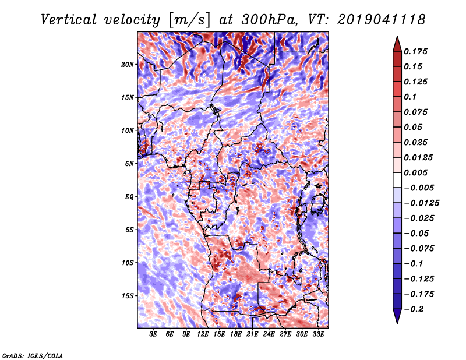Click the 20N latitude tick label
pos(128,65)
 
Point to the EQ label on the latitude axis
pos(129,197)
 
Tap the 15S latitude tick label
pos(128,296)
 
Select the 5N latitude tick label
pos(129,164)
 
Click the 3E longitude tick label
pos(153,334)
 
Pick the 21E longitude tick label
pos(252,334)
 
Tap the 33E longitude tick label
pos(318,334)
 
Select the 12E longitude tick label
pos(202,334)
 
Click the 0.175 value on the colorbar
pos(415,51)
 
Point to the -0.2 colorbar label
pos(414,309)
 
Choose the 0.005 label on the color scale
pos(415,172)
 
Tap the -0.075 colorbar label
pos(419,249)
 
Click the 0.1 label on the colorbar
pos(410,97)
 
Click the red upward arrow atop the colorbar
pos(397,44)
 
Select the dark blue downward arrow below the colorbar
pos(397,316)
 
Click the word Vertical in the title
pos(69,20)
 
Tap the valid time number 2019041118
pos(382,20)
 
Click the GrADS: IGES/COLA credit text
pos(33,355)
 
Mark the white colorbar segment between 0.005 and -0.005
pos(397,180)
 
